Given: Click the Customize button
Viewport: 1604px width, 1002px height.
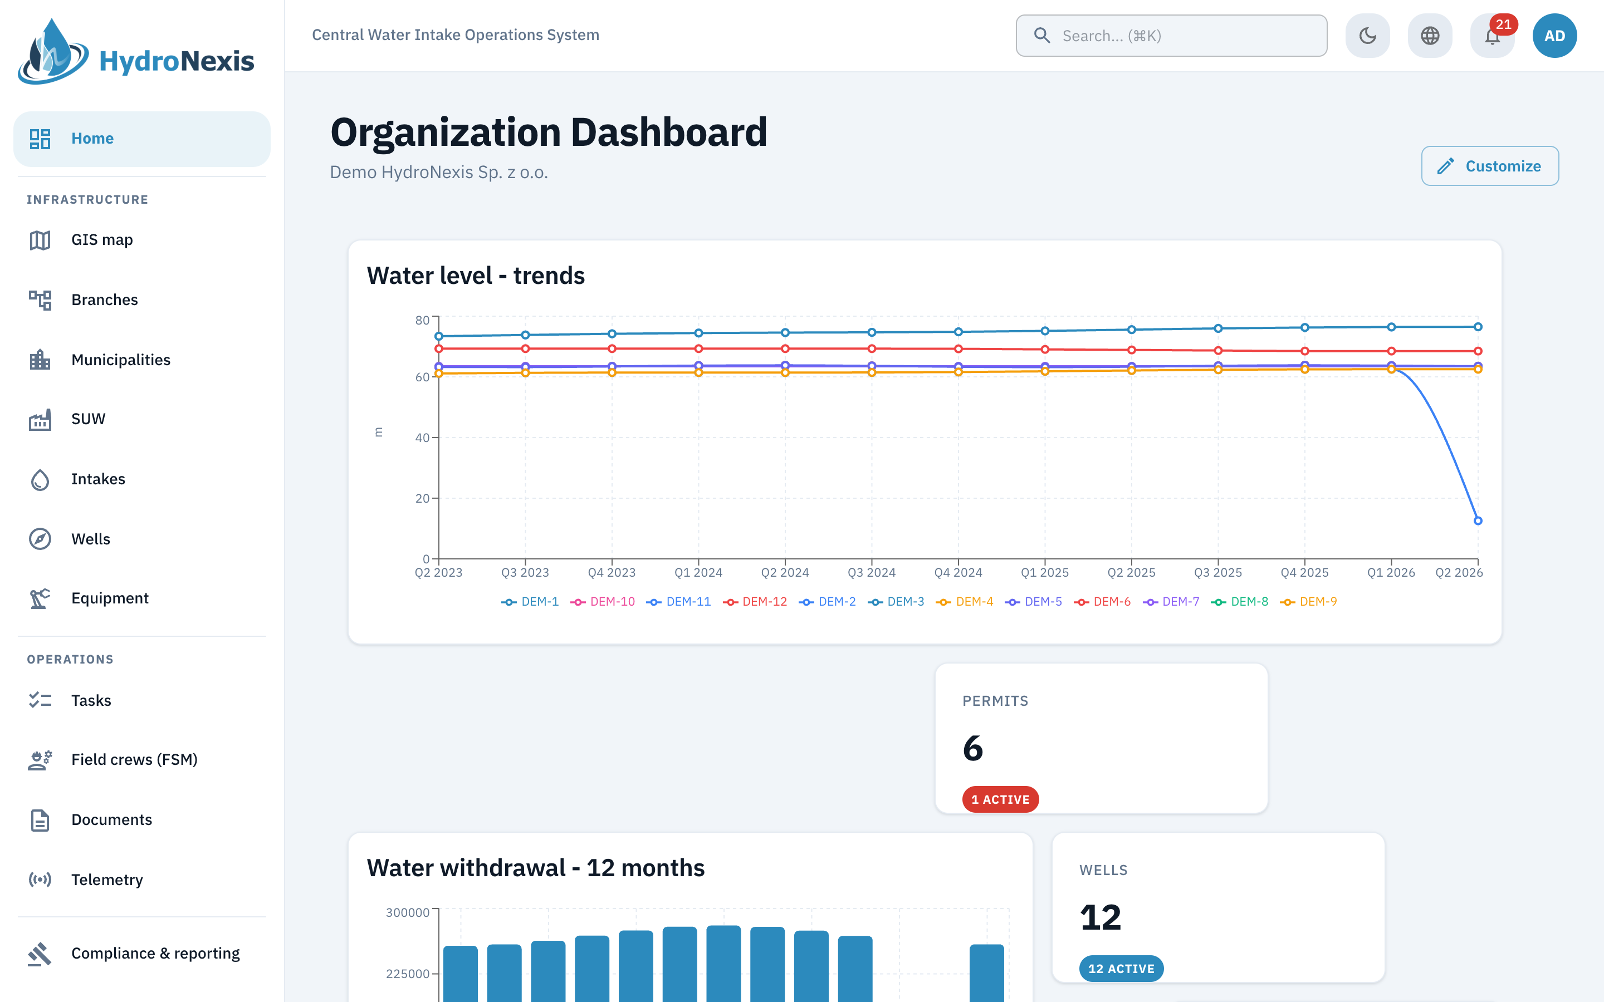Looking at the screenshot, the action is tap(1489, 166).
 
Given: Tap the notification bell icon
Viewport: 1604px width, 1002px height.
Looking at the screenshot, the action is tap(1492, 36).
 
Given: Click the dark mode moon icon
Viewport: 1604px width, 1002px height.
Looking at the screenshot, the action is tap(1367, 36).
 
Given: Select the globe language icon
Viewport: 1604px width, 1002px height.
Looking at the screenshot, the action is tap(1430, 36).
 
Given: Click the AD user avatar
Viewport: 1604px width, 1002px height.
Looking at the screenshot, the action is tap(1554, 36).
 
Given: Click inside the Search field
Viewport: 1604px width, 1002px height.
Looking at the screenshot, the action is tap(1171, 36).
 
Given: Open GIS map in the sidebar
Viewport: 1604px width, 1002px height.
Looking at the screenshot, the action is tap(102, 240).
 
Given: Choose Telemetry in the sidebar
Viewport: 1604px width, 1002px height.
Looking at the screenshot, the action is tap(107, 880).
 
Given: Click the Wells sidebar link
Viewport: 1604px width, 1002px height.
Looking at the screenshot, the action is tap(91, 539).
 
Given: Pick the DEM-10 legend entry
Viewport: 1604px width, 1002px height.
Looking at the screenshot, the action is tap(603, 602).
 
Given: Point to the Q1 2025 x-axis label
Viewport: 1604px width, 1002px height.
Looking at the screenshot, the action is tap(1045, 573).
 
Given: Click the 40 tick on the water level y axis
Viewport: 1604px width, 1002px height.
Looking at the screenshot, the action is tap(422, 438).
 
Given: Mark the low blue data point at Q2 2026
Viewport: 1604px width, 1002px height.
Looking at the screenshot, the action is tap(1478, 521).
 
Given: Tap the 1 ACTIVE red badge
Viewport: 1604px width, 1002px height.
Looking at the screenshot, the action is tap(1000, 799).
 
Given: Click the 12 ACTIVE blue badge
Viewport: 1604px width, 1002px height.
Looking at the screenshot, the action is tap(1121, 968).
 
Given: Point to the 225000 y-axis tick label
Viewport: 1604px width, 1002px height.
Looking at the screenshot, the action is tap(408, 974).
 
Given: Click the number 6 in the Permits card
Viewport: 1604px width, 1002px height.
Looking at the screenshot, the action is tap(972, 749).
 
